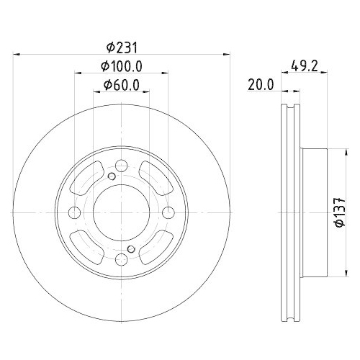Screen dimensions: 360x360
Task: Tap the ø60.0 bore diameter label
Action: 122,85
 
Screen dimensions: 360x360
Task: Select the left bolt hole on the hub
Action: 75,212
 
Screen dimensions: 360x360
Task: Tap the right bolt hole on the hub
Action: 168,212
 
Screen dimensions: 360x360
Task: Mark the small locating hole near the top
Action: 112,178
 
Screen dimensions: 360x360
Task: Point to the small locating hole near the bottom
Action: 130,248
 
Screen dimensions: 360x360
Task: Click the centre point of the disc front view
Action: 121,212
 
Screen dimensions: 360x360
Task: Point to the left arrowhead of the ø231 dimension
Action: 17,53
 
